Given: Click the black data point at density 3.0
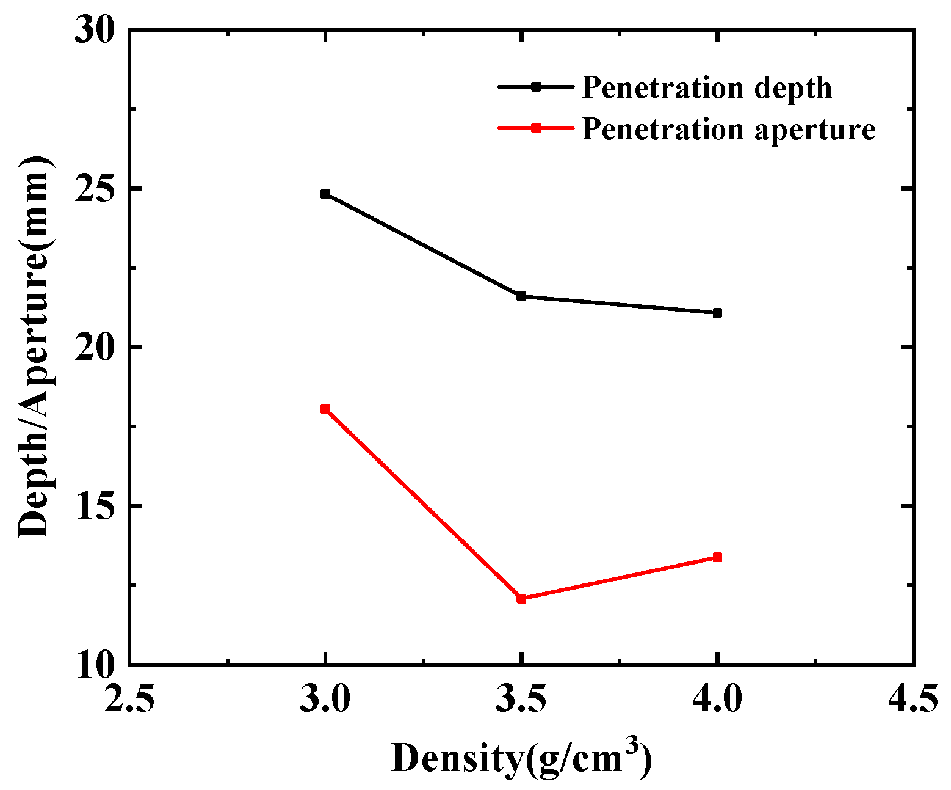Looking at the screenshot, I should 325,194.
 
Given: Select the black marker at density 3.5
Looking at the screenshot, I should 521,296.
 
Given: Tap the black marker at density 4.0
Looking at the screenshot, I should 717,313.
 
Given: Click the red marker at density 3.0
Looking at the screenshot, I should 325,409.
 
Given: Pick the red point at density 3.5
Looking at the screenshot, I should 521,598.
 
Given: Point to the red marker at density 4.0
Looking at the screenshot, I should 717,557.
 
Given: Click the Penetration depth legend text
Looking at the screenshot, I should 706,87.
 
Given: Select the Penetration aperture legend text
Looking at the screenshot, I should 728,129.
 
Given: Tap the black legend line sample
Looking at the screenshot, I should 535,87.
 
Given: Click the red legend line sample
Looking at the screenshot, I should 535,128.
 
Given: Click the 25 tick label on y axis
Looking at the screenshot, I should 95,188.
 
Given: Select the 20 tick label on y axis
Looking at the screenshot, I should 95,347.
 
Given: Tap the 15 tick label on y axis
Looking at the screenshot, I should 95,506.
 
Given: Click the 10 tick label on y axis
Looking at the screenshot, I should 95,664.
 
